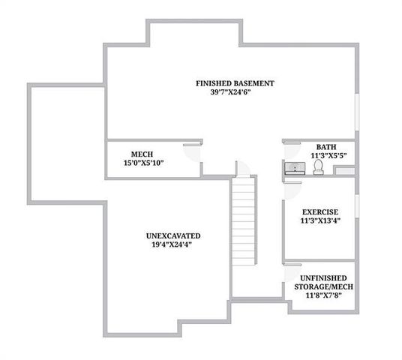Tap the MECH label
tap(142, 153)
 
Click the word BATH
tap(326, 147)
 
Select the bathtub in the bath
tap(345, 172)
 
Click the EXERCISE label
tap(320, 211)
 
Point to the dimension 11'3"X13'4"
tap(320, 222)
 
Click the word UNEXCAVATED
tap(173, 235)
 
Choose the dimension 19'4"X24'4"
tap(173, 246)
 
